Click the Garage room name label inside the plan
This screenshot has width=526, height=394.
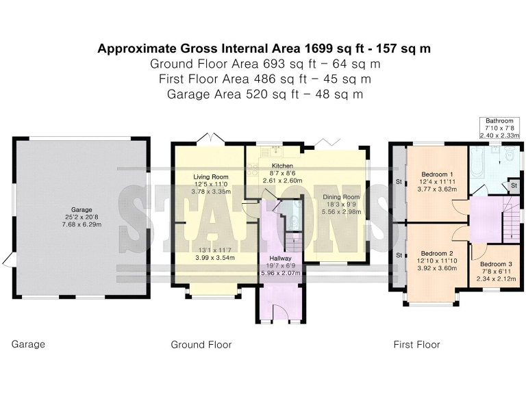[x=82, y=210]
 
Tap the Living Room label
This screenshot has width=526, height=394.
[x=211, y=177]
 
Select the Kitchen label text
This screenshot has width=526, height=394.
[x=282, y=166]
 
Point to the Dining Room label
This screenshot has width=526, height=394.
[x=341, y=197]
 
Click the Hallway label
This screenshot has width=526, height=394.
[x=280, y=259]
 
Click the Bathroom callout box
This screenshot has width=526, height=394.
[x=499, y=128]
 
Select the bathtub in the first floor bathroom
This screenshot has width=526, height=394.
[x=475, y=162]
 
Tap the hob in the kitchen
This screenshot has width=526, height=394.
[x=252, y=170]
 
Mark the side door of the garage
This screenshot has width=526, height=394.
[x=8, y=260]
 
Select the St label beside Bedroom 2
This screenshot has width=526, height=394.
[x=399, y=255]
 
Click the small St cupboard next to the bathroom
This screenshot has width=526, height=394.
[x=513, y=185]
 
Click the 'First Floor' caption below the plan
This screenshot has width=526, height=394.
[x=416, y=345]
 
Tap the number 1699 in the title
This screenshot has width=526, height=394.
[x=318, y=49]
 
